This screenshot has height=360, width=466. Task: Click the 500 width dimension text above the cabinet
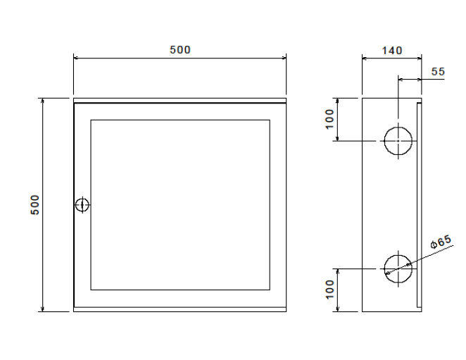pos(180,50)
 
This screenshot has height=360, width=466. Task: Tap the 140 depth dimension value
pos(391,50)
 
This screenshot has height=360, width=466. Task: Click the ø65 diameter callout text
pos(441,244)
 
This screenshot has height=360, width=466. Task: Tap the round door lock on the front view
pos(82,204)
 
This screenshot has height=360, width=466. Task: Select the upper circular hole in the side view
pos(398,141)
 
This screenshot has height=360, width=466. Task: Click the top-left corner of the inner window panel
pos(91,120)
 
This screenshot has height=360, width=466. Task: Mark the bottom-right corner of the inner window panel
pos(270,290)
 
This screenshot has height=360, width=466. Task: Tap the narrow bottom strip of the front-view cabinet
pos(180,309)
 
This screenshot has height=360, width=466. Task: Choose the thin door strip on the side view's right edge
pos(419,205)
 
